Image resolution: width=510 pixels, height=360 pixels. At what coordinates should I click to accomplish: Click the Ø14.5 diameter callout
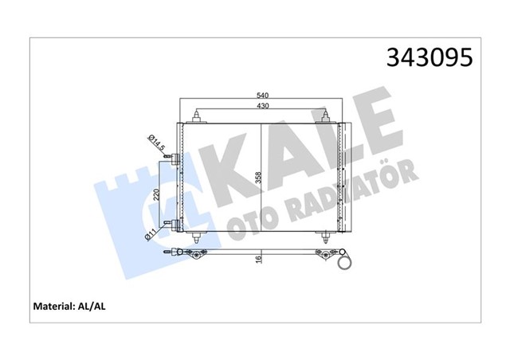155,143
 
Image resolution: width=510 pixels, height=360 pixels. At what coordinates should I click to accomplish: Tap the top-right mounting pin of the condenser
325,119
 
